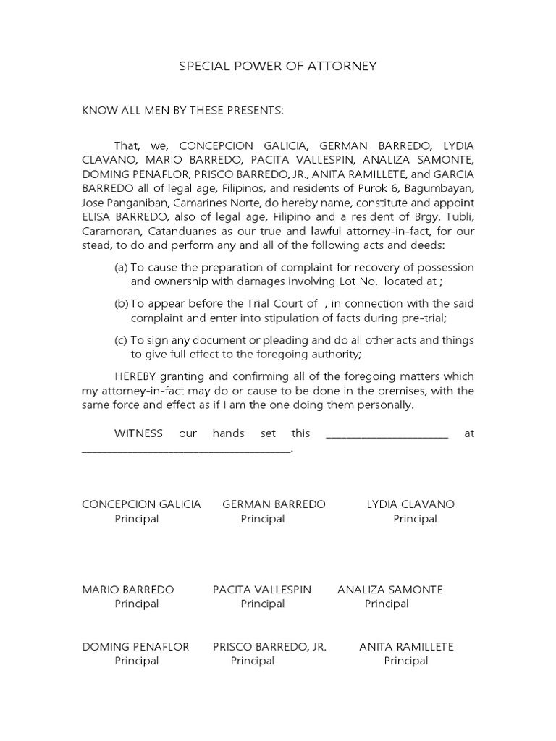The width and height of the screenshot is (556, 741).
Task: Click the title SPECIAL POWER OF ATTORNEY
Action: [278, 67]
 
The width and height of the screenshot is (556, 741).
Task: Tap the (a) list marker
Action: [121, 267]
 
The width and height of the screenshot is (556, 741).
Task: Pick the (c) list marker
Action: [121, 339]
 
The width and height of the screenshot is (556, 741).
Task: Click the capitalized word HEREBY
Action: [135, 376]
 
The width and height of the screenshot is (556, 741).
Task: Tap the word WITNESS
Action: [140, 433]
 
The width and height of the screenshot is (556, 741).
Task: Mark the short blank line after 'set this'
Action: [387, 434]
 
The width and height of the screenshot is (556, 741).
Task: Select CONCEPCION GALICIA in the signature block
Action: [141, 504]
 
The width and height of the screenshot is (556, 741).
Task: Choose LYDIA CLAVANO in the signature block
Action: [410, 504]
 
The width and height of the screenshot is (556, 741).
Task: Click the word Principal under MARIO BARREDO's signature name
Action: [136, 604]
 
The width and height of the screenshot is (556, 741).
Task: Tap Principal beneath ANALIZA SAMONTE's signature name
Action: [387, 604]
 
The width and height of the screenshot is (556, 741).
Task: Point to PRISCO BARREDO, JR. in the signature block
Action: [269, 646]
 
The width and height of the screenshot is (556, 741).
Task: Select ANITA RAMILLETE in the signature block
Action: [406, 646]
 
